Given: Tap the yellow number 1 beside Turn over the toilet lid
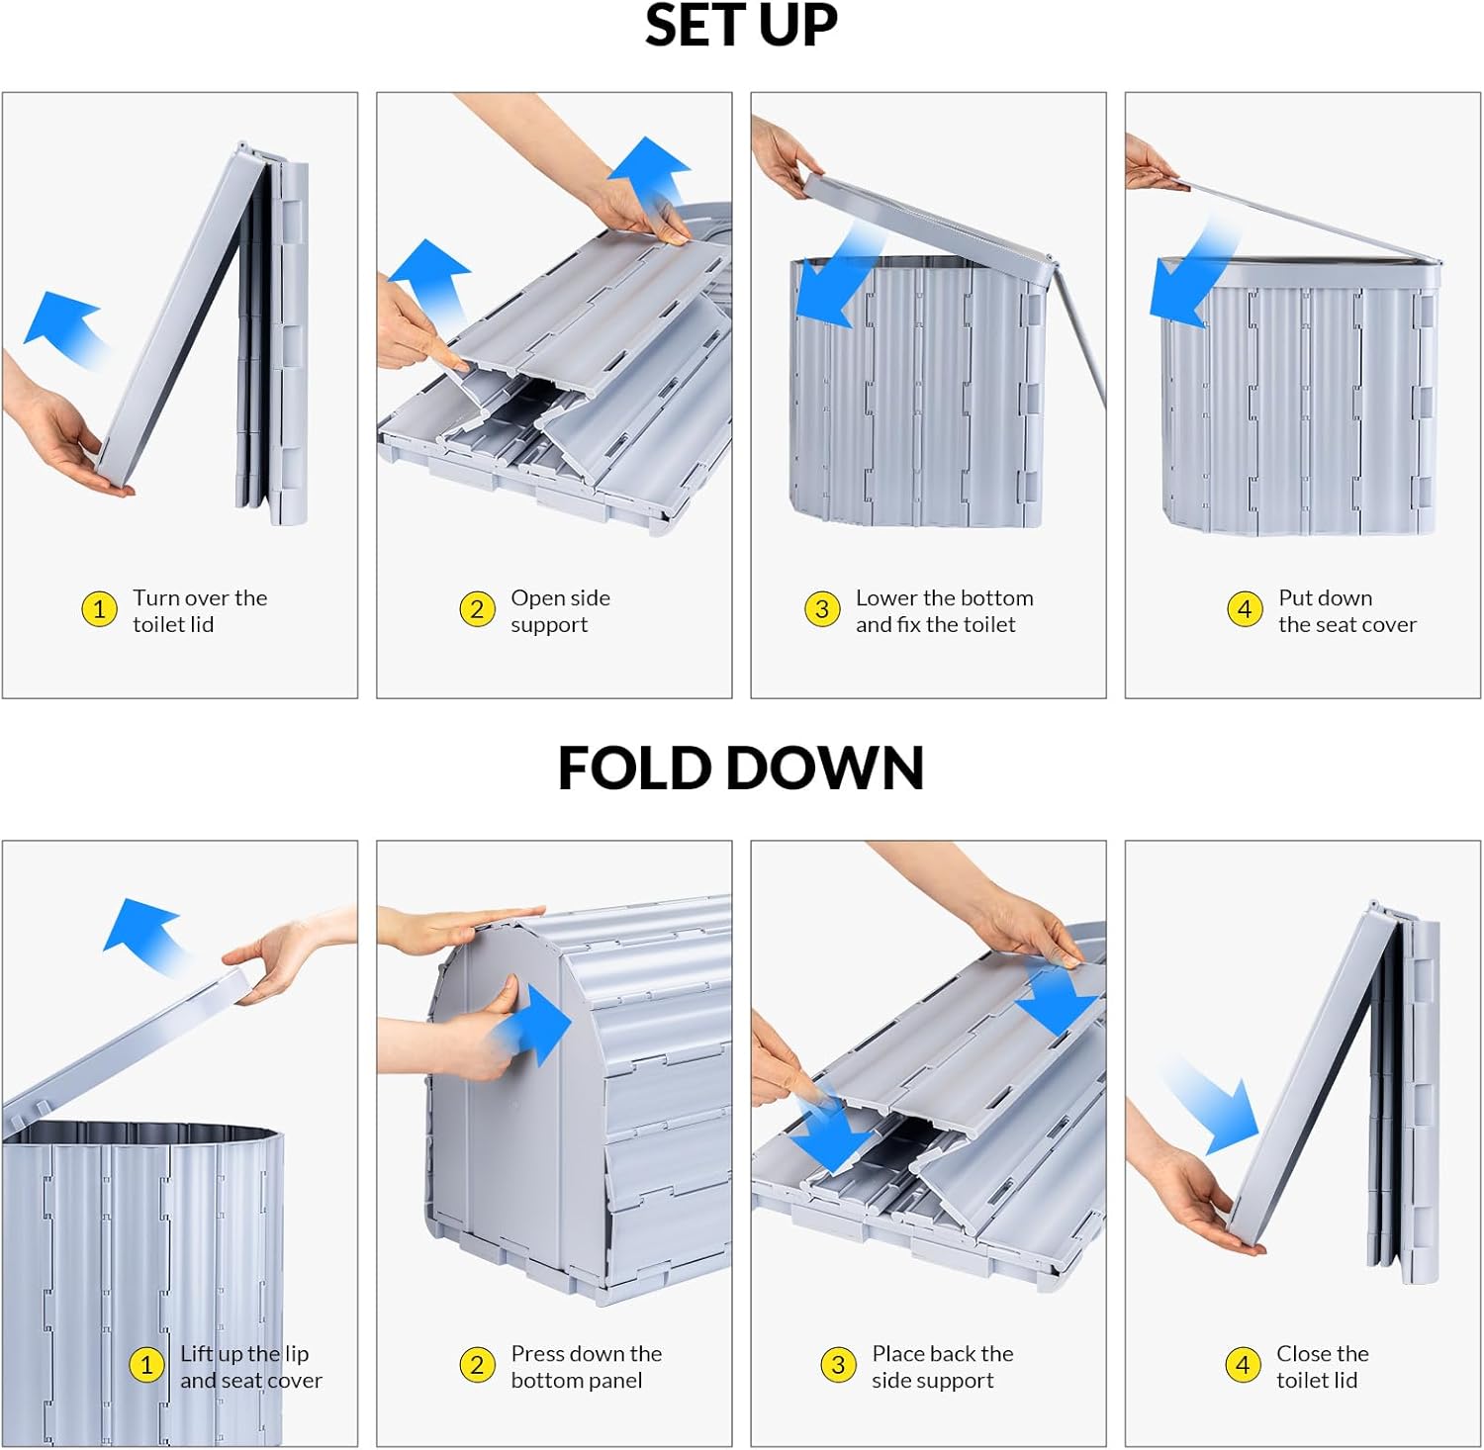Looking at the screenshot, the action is [x=99, y=609].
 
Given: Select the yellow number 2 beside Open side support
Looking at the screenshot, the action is [x=477, y=609].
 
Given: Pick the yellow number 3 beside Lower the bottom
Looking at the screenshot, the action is [x=822, y=609].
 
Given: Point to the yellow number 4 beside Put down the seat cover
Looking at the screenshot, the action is [x=1245, y=609].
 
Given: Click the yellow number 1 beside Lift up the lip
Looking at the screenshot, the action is [x=146, y=1365].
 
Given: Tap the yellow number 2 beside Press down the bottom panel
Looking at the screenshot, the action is [x=477, y=1365].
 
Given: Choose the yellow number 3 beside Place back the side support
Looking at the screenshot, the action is [x=838, y=1365].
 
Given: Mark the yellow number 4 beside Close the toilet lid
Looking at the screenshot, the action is [x=1243, y=1365].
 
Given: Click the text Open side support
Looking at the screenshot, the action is [x=560, y=611].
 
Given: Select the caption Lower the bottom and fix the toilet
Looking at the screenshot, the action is [x=944, y=611].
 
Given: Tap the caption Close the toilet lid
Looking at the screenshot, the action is [x=1322, y=1367].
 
